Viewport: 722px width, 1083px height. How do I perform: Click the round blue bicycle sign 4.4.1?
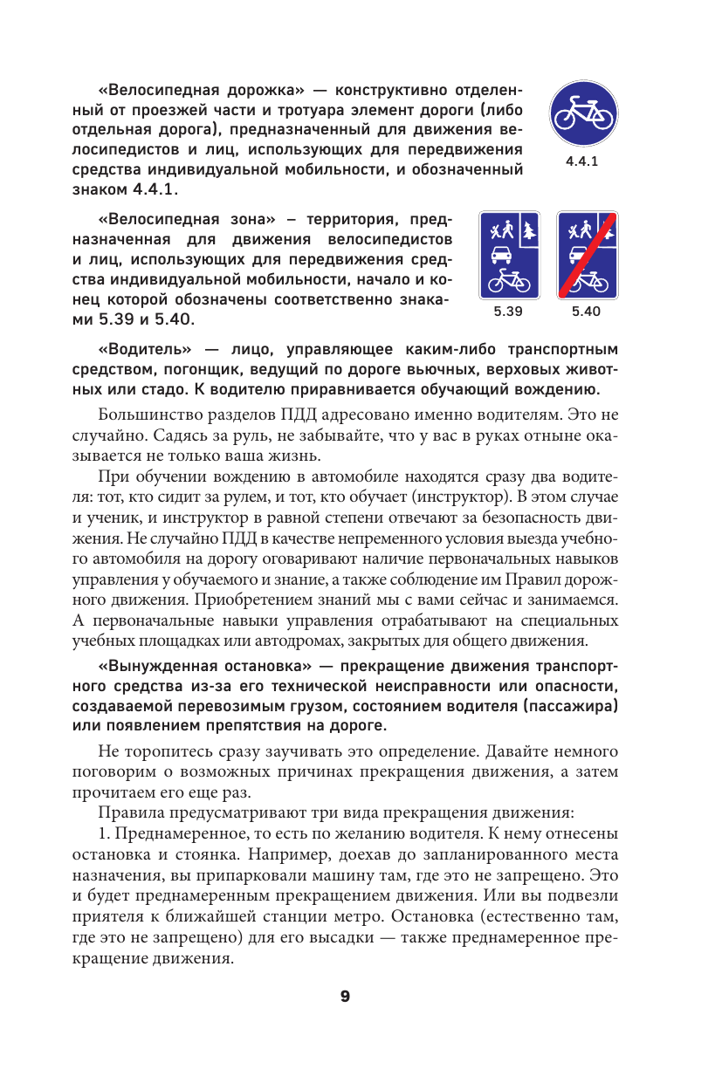pos(583,116)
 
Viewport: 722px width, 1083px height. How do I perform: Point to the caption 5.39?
pos(507,311)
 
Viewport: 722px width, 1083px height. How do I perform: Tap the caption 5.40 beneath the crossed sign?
pos(587,311)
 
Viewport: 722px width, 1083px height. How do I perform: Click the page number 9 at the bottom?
pos(345,996)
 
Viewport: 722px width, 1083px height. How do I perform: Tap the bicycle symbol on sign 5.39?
pos(508,281)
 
